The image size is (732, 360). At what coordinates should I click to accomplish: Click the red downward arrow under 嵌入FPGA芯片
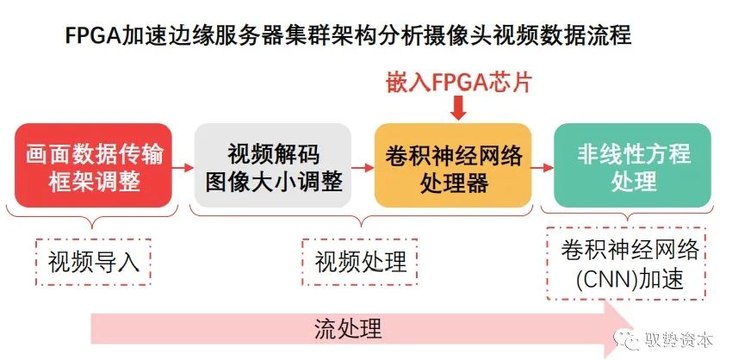pyautogui.click(x=458, y=108)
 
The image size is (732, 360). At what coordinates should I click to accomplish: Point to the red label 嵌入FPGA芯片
pyautogui.click(x=457, y=83)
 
